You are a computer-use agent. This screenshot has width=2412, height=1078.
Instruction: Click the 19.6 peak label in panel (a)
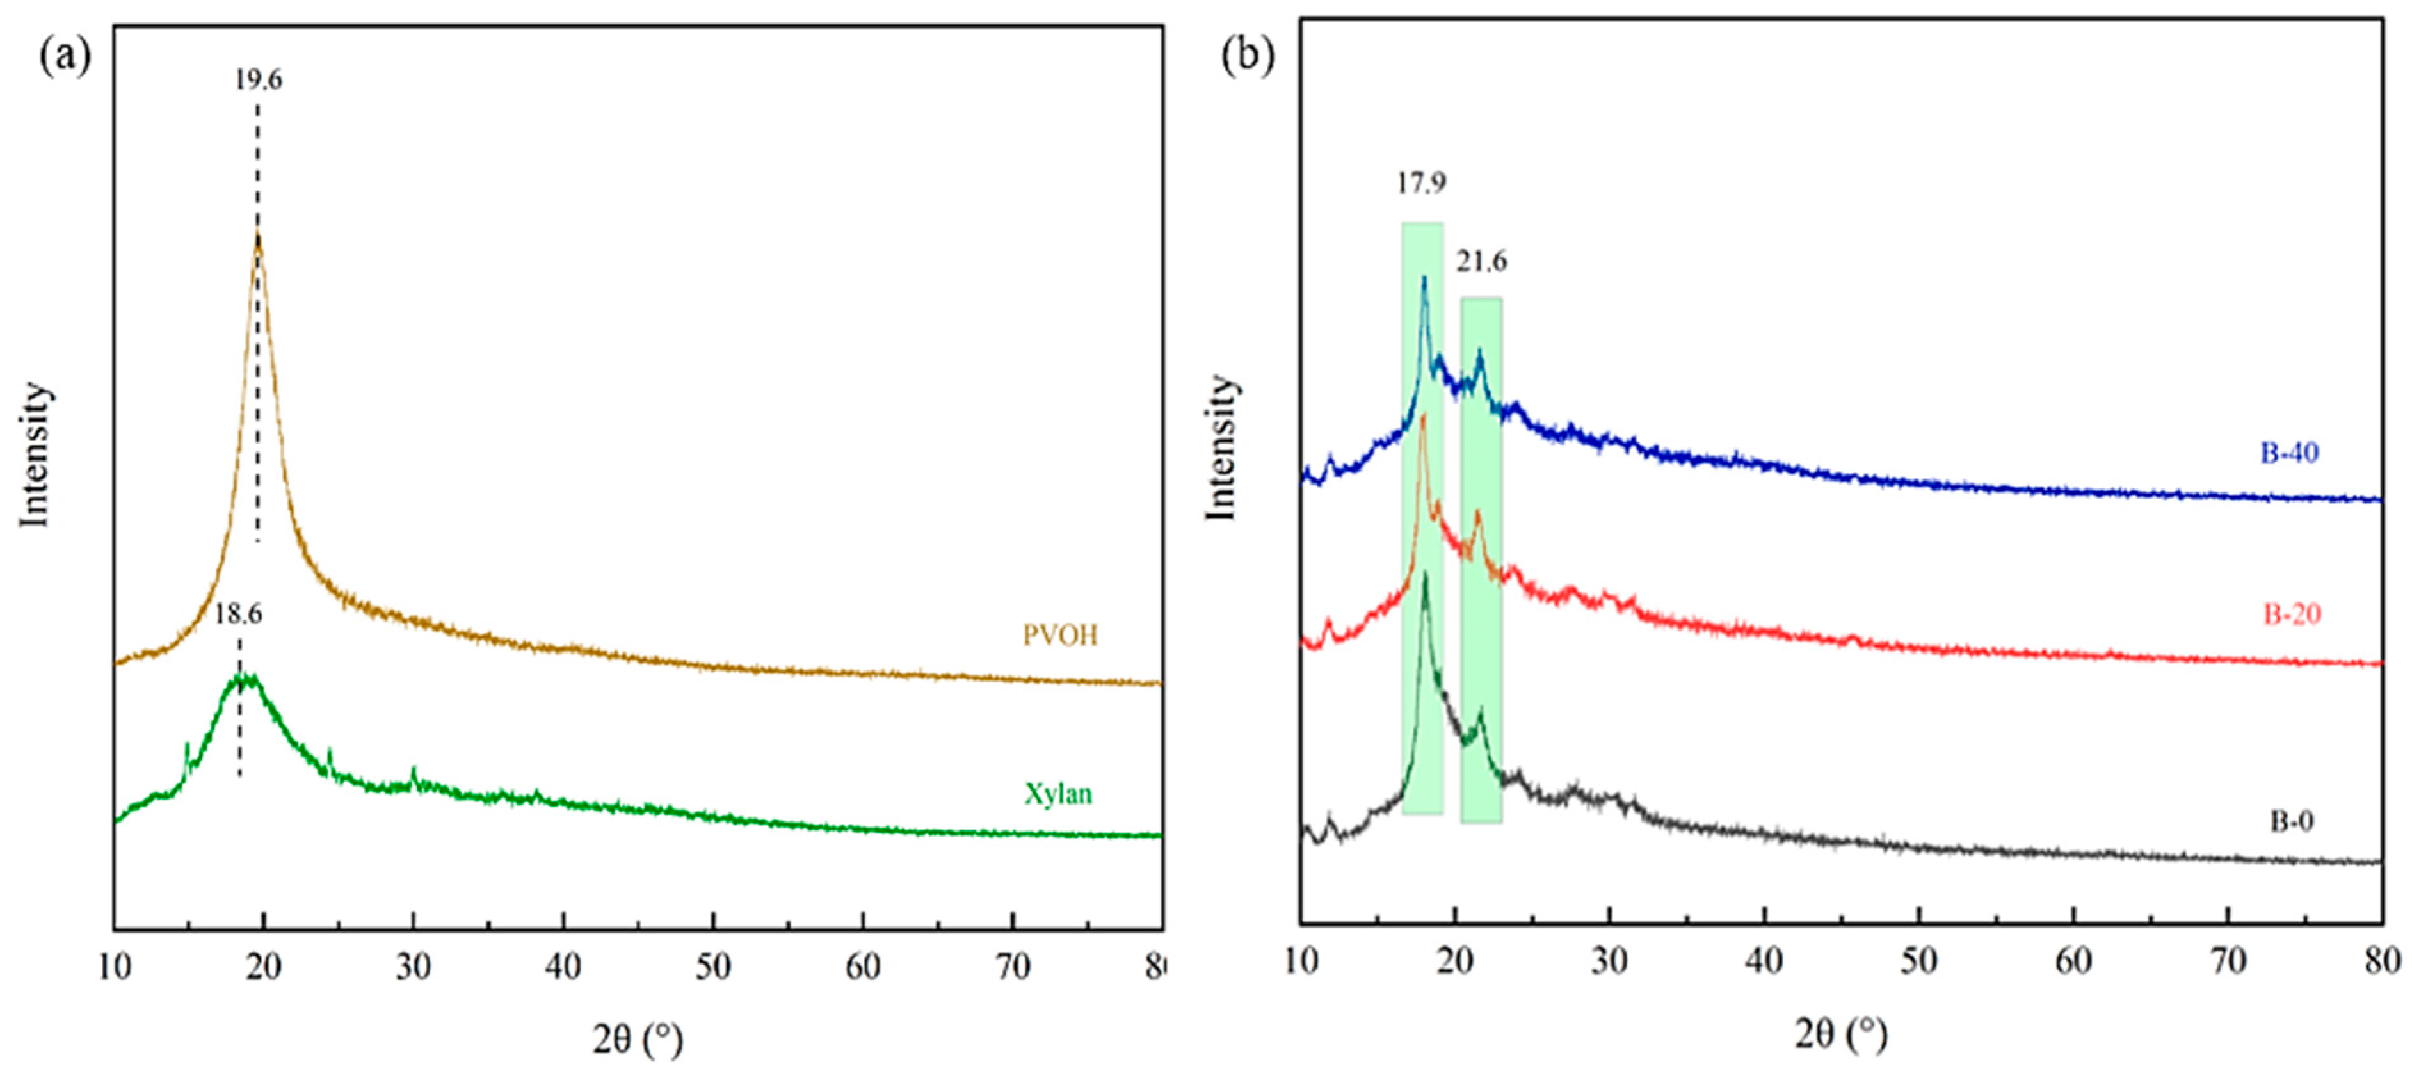coord(257,79)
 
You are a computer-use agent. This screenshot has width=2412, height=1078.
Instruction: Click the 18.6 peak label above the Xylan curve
coord(238,615)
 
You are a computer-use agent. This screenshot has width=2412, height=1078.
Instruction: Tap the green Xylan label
coord(1058,794)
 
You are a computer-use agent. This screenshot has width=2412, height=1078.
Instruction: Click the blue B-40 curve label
coord(2289,453)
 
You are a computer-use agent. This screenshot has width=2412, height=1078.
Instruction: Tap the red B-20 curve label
coord(2292,615)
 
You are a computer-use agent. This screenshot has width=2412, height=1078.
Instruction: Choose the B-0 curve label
coord(2291,821)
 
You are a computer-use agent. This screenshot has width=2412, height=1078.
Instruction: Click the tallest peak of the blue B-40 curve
coord(1424,278)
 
